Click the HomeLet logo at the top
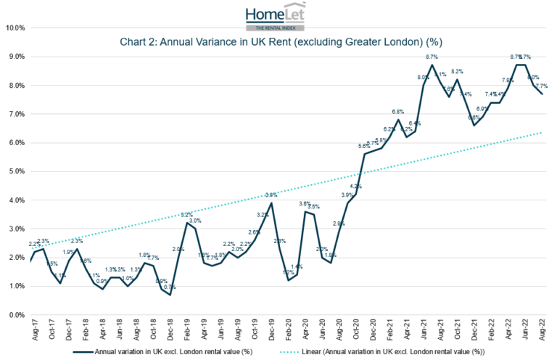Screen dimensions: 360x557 (278, 15)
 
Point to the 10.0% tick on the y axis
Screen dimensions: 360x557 (15, 28)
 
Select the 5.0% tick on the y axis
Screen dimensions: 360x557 (17, 172)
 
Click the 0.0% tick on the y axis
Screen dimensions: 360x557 (17, 315)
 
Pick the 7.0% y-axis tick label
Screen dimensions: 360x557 (17, 115)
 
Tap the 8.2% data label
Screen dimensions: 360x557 (457, 72)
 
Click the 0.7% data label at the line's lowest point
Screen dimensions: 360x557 (170, 287)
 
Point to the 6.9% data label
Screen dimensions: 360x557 (483, 109)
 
